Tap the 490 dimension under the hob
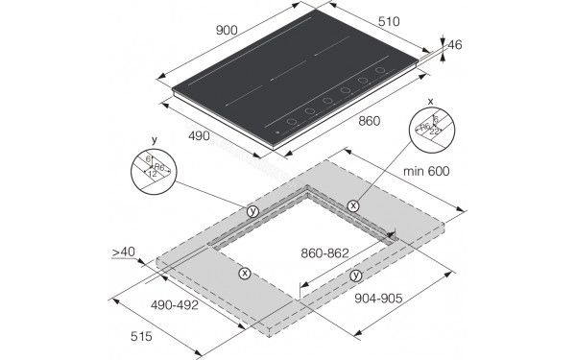(198, 136)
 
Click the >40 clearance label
(123, 252)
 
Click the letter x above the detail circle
(430, 100)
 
